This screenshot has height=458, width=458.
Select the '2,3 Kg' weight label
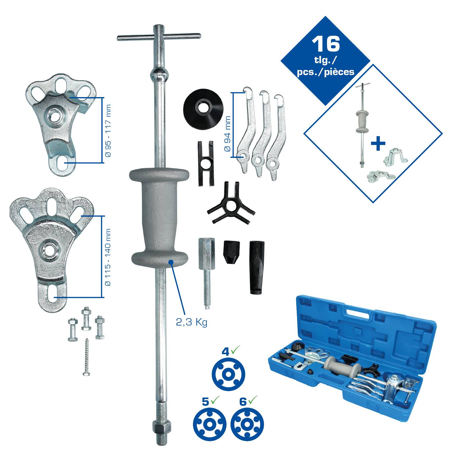coord(191,322)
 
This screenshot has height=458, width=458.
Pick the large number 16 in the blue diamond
coord(326,44)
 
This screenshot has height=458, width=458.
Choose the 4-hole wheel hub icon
coord(229,374)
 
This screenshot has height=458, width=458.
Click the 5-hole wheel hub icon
coord(209,424)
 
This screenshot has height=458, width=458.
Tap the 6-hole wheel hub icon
coord(247,424)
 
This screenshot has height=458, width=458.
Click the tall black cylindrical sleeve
coord(256,267)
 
